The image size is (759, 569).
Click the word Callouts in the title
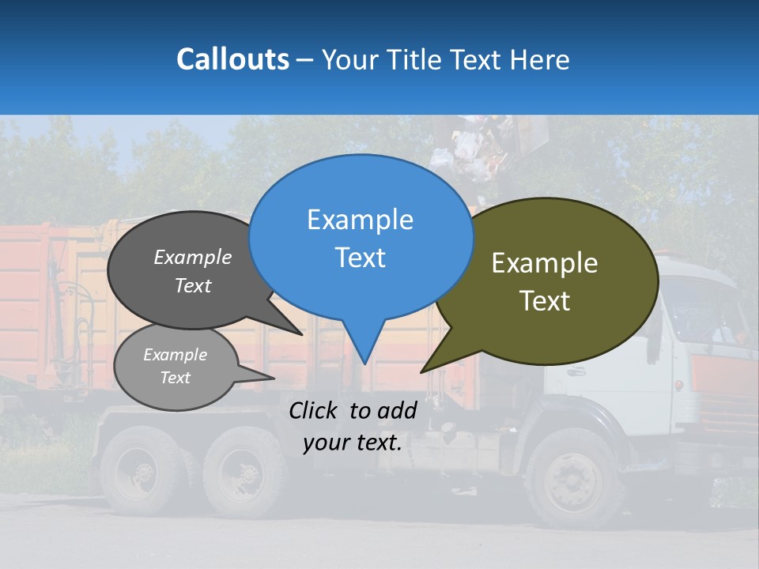tap(232, 59)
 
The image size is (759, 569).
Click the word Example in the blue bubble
tap(360, 220)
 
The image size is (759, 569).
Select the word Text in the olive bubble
tap(545, 301)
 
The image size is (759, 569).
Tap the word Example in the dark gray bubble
tap(192, 258)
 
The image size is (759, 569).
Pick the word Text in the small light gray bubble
tap(175, 378)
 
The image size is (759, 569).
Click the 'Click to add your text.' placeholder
tap(352, 427)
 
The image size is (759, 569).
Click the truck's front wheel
tap(572, 478)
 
